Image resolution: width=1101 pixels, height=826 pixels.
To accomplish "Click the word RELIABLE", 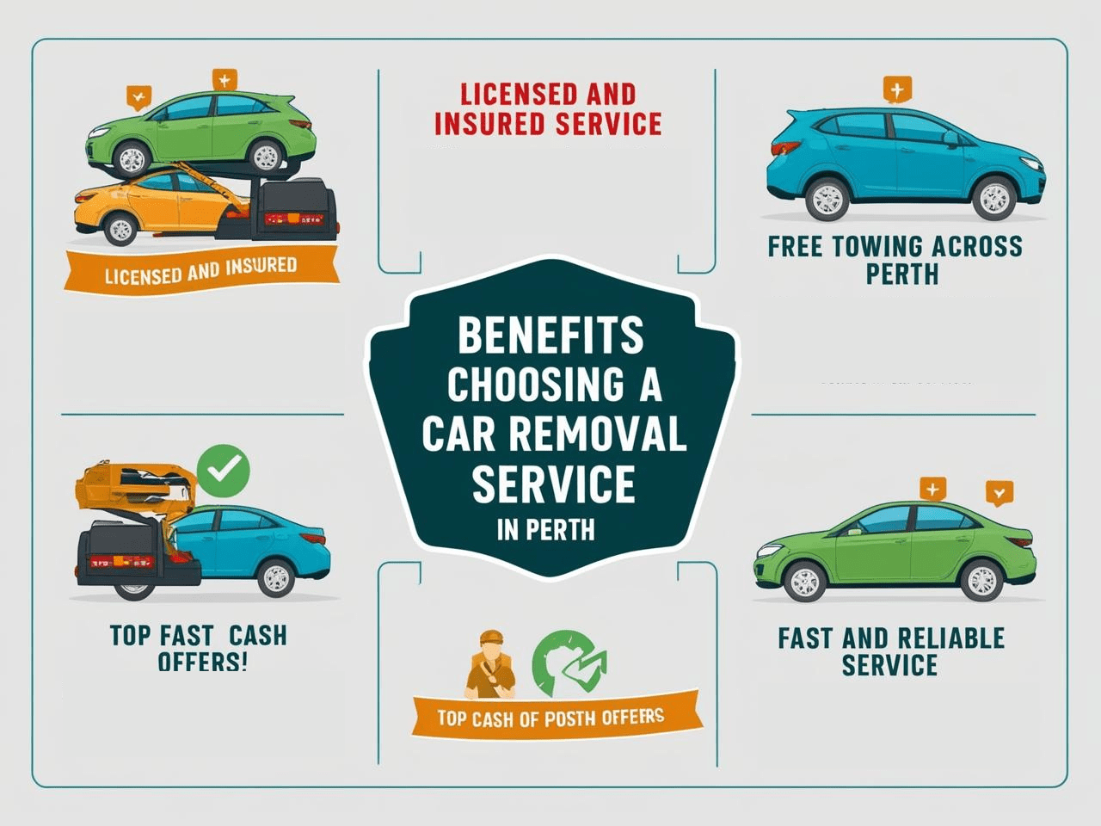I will click(949, 638).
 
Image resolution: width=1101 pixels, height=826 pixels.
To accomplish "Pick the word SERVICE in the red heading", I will click(608, 123).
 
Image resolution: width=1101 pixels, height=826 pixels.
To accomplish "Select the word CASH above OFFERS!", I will click(257, 636).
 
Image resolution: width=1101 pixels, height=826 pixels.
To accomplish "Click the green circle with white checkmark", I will click(224, 470).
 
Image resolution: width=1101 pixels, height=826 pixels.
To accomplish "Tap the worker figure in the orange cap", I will click(491, 663).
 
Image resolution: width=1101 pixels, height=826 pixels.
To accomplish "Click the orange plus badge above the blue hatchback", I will click(897, 89).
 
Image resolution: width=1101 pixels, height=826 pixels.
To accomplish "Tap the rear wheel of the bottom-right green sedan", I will click(981, 582).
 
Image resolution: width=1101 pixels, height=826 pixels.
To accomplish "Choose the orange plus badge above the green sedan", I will click(932, 489).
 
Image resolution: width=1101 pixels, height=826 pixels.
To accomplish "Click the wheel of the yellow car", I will click(120, 229).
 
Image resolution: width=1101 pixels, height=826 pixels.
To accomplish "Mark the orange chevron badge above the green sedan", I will click(999, 493).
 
